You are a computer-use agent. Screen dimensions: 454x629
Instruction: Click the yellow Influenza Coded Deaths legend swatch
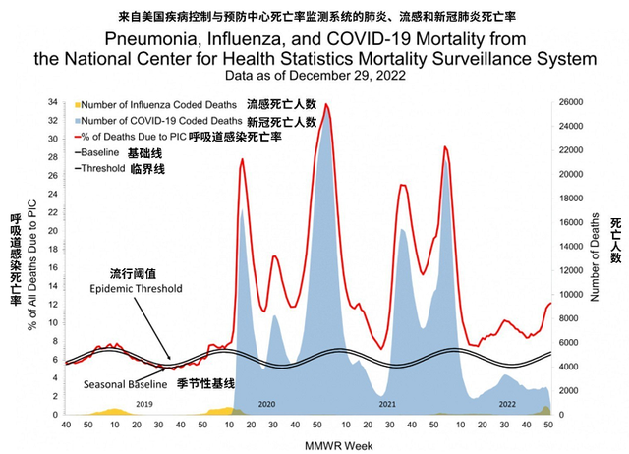[75, 103]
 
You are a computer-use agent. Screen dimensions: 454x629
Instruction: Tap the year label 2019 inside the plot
[144, 404]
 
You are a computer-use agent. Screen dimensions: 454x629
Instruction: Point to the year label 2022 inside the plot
[506, 404]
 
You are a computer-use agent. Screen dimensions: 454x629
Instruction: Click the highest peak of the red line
[325, 104]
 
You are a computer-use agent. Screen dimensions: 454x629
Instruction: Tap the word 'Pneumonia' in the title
[152, 40]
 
